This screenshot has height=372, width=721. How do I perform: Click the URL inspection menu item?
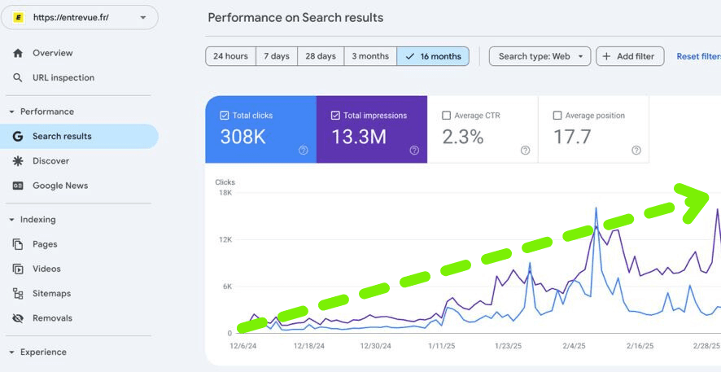(x=63, y=78)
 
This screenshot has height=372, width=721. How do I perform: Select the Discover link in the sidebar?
(x=50, y=161)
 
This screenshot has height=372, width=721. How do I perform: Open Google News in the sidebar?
(x=59, y=186)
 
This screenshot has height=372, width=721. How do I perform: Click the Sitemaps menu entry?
(x=51, y=294)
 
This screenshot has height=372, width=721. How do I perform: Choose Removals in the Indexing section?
(x=52, y=318)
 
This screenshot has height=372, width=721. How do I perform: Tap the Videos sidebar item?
(x=46, y=269)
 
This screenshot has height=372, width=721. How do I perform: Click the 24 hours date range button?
(x=230, y=56)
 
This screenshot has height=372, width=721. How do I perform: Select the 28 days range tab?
(x=321, y=56)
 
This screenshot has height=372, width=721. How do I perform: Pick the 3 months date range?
(x=370, y=56)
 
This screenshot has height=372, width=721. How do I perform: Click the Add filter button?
(x=630, y=56)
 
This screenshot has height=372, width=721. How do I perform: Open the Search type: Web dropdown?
(x=540, y=56)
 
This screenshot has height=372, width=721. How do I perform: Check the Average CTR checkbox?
(x=446, y=116)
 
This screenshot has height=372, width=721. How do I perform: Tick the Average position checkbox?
(x=557, y=116)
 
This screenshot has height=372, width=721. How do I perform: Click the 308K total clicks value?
(x=243, y=137)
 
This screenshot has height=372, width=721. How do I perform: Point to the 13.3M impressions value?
(x=359, y=137)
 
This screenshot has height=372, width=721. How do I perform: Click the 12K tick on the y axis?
(x=224, y=240)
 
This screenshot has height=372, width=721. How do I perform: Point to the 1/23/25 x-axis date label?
(x=507, y=346)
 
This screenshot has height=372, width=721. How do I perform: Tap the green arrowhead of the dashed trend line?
(x=694, y=201)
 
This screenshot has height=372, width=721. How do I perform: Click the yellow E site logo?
(x=18, y=17)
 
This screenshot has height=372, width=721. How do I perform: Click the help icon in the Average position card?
(x=636, y=150)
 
